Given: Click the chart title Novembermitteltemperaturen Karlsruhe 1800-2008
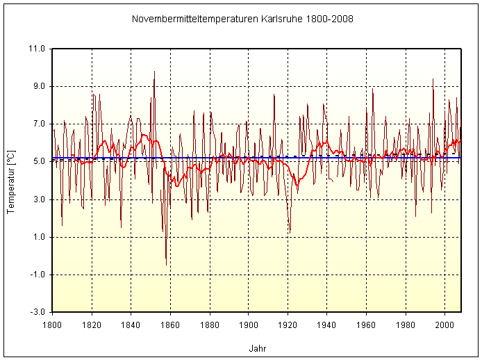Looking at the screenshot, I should point(242,19).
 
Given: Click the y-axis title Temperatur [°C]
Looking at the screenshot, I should point(10,180).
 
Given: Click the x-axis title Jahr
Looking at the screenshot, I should point(257,348).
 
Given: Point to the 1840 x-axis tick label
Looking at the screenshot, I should point(131,324).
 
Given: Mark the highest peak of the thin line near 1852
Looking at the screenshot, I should point(154,72).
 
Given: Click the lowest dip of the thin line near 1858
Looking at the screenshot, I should point(166,265).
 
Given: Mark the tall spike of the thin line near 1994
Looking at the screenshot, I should point(433,79).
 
